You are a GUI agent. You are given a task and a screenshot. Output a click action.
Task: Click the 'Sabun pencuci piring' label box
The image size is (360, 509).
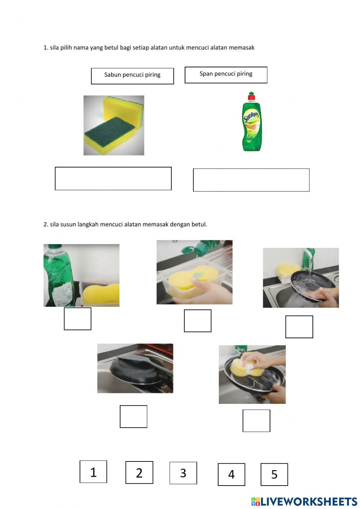click(132, 76)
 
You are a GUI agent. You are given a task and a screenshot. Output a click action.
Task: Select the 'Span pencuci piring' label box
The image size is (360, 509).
click(226, 75)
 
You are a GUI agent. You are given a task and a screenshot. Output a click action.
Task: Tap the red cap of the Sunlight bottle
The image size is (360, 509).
click(251, 97)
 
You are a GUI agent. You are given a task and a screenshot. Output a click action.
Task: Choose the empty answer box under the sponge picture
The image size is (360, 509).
click(113, 178)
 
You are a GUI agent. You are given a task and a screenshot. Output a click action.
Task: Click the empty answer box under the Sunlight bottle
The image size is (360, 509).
click(251, 180)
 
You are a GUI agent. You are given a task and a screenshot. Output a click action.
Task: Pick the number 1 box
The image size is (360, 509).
click(93, 472)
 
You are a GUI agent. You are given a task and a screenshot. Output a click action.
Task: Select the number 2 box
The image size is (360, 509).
click(139, 473)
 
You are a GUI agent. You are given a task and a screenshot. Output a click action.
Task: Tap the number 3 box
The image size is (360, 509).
click(183, 473)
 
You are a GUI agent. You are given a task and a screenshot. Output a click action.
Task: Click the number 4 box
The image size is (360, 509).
click(231, 474)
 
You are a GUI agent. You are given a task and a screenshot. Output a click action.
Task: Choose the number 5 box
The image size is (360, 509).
click(274, 474)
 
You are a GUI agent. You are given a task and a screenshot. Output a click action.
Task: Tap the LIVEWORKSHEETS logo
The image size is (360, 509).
click(304, 501)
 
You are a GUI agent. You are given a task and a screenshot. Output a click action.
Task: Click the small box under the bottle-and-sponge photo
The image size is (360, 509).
click(77, 319)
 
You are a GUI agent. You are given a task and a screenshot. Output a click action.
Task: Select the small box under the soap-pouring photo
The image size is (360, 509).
click(197, 321)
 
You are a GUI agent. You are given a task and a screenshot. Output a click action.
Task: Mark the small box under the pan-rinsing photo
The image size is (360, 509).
click(299, 327)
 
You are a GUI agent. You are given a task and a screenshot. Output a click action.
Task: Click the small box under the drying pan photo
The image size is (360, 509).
click(133, 416)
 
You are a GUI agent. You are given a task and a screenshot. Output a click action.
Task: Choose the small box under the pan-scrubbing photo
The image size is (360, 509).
click(256, 421)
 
